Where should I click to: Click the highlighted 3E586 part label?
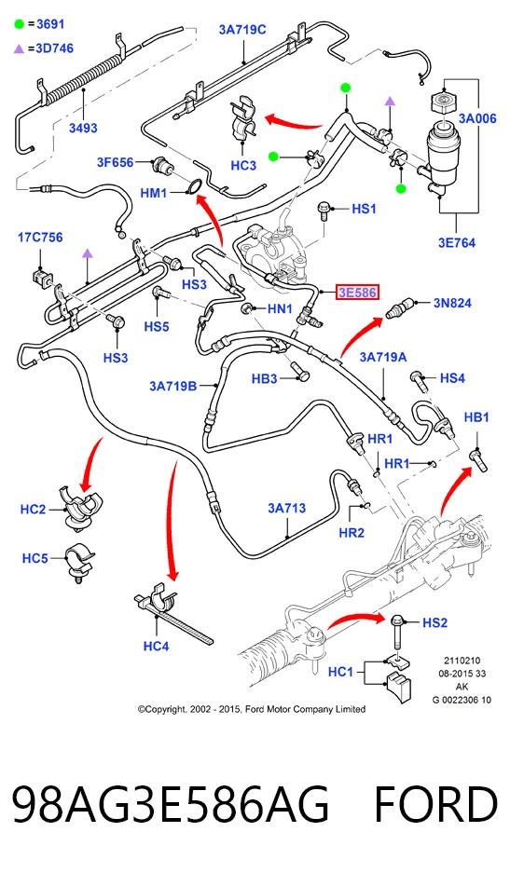[357, 292]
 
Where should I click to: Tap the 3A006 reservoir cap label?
[477, 118]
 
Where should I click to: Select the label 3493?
[83, 128]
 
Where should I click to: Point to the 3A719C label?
[242, 30]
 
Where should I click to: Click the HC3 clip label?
[243, 165]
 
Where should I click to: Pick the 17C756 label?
[40, 238]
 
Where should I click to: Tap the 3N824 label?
[452, 303]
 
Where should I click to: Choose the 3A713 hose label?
[286, 508]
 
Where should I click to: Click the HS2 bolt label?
[434, 622]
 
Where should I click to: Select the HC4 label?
[156, 647]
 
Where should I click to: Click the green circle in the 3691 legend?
[20, 24]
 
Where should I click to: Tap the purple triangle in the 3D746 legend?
[20, 48]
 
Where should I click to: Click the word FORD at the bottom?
[435, 805]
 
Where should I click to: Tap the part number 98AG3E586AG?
[171, 805]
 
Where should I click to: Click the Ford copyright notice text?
[252, 709]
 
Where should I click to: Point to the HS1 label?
[364, 209]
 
